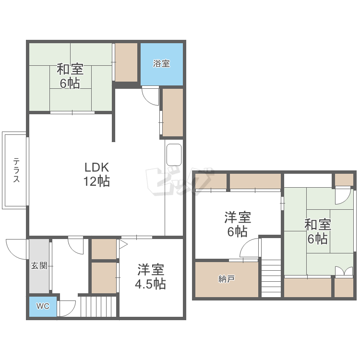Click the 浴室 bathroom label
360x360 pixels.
[x=161, y=64]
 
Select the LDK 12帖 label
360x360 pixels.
[x=97, y=174]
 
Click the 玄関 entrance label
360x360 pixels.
[x=39, y=265]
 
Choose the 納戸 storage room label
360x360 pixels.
[x=226, y=279]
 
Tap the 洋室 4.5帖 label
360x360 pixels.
[x=150, y=276]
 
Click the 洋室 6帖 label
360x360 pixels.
[x=237, y=224]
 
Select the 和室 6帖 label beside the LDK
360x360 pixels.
[x=70, y=76]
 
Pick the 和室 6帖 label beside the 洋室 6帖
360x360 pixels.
[x=318, y=231]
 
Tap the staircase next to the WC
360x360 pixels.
[x=99, y=306]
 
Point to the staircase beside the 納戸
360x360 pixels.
[x=272, y=278]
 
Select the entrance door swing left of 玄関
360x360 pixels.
[x=15, y=249]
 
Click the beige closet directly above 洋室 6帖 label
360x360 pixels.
[x=255, y=181]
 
